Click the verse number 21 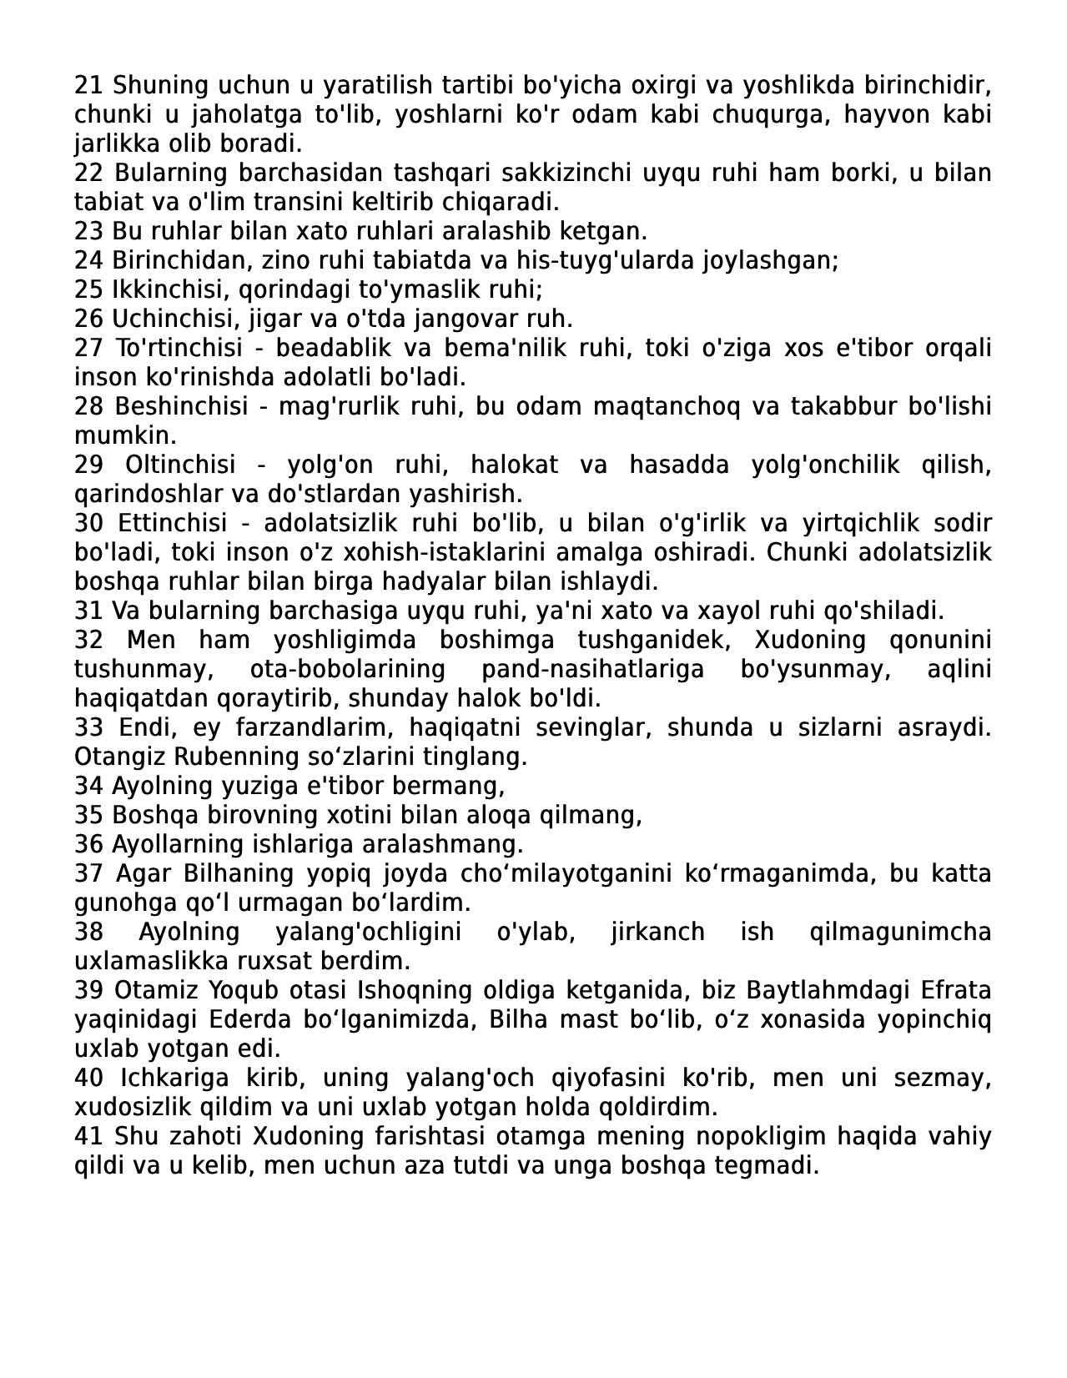click(88, 85)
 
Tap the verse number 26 click(88, 319)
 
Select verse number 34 click(88, 786)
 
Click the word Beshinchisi click(181, 406)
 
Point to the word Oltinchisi click(180, 465)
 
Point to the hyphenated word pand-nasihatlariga click(592, 669)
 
